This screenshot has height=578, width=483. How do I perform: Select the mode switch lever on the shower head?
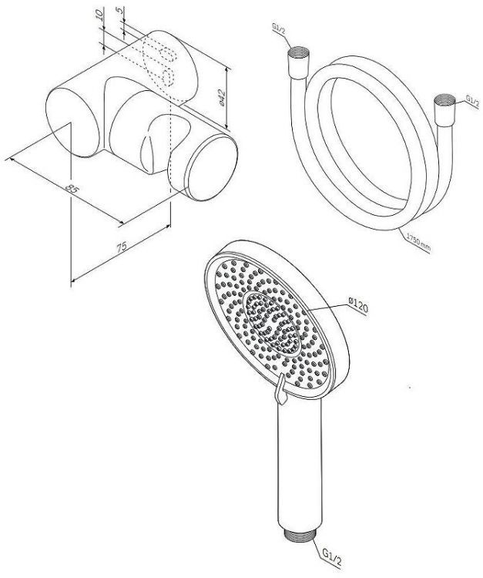(x=279, y=391)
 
